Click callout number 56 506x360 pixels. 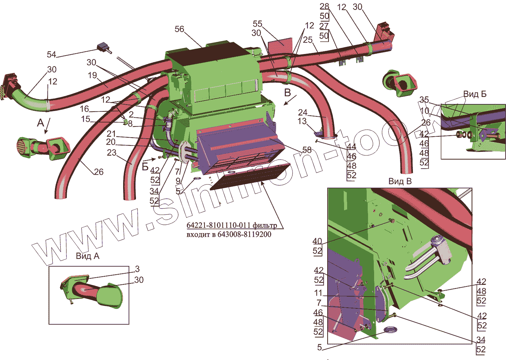(179, 29)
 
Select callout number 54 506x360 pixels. (51, 55)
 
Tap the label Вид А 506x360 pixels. (87, 256)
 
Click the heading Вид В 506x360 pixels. (400, 182)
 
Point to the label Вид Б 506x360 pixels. (475, 94)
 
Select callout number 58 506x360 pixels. (307, 150)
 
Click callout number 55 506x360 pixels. (257, 24)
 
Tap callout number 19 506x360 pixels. (92, 75)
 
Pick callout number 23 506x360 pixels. (112, 153)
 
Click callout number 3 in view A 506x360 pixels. (137, 269)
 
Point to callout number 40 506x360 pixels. (317, 241)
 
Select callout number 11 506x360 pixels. (318, 293)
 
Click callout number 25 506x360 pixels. (308, 40)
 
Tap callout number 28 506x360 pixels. (324, 6)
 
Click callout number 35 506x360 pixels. (424, 100)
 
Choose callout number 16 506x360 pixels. (84, 109)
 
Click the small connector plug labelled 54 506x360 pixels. (103, 48)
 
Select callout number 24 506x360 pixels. (303, 112)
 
